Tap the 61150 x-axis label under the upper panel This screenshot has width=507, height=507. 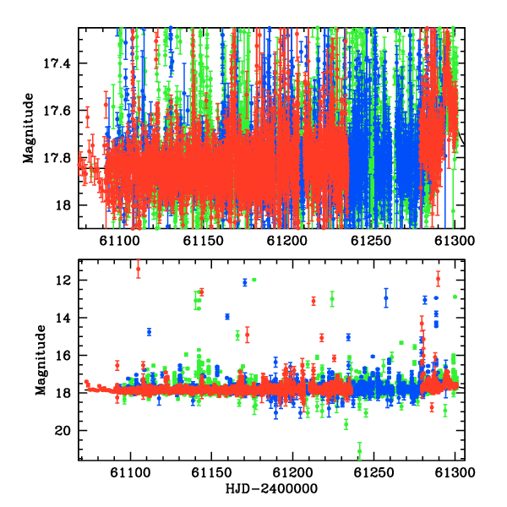204,241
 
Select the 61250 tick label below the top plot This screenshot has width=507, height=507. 371,241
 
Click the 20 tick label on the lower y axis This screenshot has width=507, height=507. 63,431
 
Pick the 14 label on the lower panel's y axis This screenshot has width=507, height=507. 63,319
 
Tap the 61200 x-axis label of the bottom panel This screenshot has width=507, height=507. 293,472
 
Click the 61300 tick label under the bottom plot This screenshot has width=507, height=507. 455,472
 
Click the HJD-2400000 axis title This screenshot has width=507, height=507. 271,488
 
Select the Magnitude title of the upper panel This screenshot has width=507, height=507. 29,128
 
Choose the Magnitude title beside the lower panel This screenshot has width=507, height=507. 41,360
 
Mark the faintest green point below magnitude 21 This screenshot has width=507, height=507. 360,451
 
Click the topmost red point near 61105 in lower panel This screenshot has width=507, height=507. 139,269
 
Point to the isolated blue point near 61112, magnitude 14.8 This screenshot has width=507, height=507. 149,332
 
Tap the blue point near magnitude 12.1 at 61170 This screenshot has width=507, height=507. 245,283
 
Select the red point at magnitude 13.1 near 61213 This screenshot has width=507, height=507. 313,302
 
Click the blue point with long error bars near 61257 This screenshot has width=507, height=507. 386,297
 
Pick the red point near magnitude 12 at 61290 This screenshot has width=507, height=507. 438,279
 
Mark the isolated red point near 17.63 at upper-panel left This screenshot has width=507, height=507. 87,117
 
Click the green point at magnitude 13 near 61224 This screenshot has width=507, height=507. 332,298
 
